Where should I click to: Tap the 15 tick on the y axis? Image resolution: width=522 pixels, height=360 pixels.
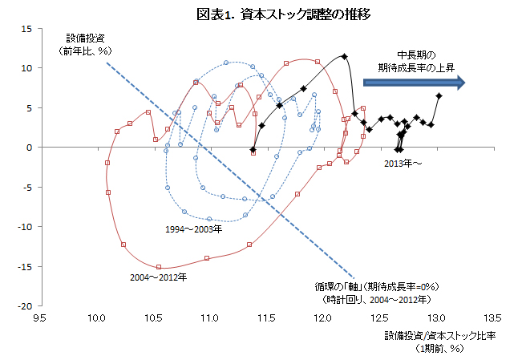(x=26, y=29)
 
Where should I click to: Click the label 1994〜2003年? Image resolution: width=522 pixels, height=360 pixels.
(x=193, y=229)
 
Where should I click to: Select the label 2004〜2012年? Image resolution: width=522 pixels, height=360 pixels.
(x=159, y=278)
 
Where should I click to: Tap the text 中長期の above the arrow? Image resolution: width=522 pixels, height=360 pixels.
(x=416, y=56)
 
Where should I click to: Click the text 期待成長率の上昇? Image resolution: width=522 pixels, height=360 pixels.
(x=416, y=68)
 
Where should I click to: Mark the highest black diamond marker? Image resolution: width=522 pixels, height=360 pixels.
(x=344, y=56)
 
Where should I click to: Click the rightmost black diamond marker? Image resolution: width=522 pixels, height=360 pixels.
(x=439, y=96)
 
